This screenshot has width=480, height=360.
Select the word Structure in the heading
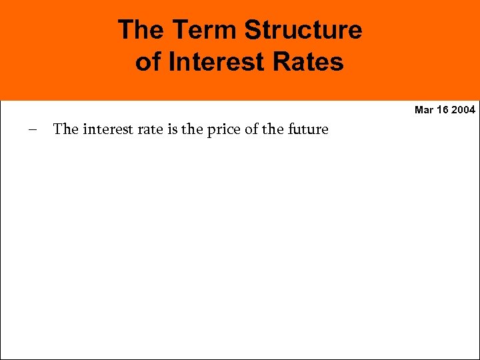(303, 30)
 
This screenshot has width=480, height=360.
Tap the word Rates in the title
(311, 62)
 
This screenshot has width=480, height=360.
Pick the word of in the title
(147, 62)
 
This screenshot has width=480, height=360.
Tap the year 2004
(463, 109)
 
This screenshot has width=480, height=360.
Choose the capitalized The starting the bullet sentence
(65, 129)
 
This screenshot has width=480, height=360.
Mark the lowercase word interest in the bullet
(106, 129)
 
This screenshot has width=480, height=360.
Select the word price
(223, 129)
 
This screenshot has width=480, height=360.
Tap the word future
(308, 129)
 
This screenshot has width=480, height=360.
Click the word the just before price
(192, 129)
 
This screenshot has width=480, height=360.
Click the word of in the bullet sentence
(251, 129)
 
